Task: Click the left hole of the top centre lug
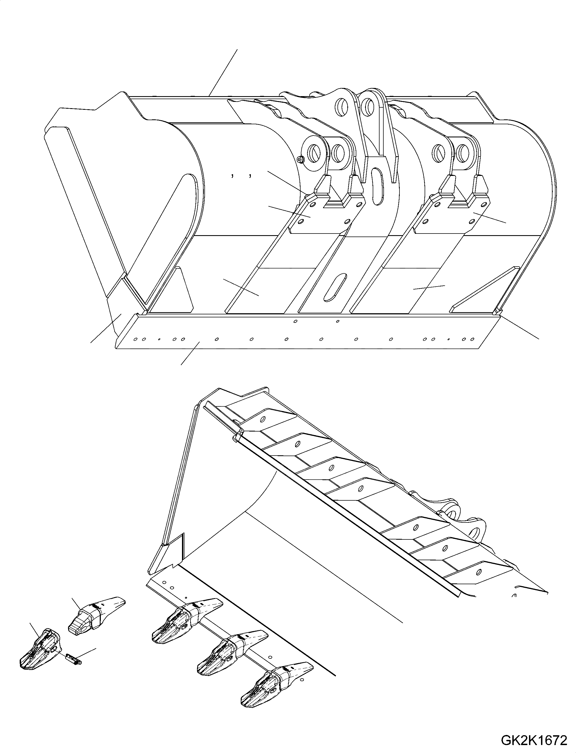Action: [x=342, y=104]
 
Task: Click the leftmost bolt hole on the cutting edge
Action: [x=136, y=339]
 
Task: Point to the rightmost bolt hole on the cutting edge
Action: [x=472, y=339]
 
